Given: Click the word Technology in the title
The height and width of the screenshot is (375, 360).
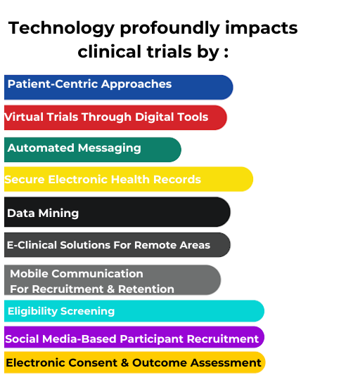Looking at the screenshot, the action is click(61, 29).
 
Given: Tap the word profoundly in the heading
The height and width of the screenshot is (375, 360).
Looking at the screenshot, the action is click(170, 29).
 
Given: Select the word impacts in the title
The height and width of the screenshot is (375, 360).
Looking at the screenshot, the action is click(262, 29).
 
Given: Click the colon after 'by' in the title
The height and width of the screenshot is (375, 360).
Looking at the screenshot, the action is click(226, 52).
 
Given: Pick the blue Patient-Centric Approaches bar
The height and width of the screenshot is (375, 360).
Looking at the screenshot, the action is click(119, 87).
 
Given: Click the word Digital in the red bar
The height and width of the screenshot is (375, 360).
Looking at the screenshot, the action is click(153, 117).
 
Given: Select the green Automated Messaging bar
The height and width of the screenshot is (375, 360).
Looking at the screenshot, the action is click(93, 150).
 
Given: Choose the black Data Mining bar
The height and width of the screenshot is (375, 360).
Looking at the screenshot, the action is click(117, 212).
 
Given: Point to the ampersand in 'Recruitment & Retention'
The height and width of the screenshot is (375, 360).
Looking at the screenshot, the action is click(110, 289).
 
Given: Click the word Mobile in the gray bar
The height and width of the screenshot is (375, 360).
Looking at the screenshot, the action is click(29, 274).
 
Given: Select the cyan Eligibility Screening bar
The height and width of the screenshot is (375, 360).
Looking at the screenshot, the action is click(134, 311).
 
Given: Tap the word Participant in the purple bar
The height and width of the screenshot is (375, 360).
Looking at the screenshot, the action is click(152, 339).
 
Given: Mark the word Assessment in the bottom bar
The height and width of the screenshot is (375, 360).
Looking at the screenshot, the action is click(226, 362).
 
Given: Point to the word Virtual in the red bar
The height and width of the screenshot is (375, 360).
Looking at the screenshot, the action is click(24, 117).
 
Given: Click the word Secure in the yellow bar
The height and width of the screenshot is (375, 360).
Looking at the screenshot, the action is click(25, 179).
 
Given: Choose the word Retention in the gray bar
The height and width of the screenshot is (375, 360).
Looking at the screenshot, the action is click(146, 289).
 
